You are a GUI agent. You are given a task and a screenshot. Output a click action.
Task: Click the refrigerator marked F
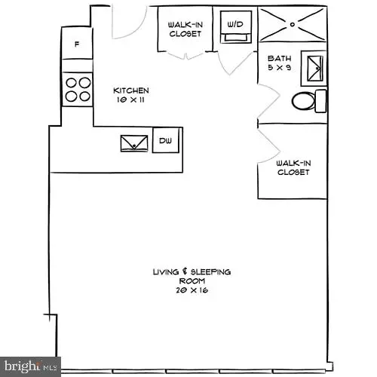[x=77, y=44]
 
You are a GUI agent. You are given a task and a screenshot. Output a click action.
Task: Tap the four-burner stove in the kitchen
[x=77, y=90]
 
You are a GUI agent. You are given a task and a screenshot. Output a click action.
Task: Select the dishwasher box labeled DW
[x=165, y=140]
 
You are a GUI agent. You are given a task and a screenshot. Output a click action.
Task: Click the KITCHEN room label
[x=126, y=90]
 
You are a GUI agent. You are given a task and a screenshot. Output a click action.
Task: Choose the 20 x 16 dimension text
[x=191, y=289]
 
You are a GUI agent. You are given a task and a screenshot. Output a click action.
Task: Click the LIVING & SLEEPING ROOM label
[x=192, y=275]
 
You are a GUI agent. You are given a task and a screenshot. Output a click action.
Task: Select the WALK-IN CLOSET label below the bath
[x=293, y=167]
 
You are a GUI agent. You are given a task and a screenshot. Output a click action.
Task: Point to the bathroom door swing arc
[x=268, y=102]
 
